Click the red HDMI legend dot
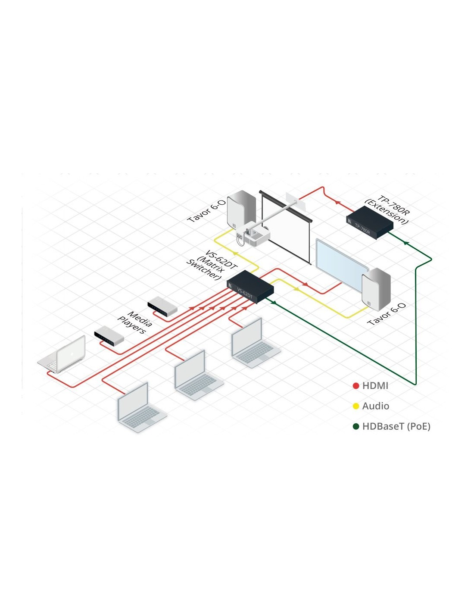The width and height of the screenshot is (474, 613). click(x=356, y=386)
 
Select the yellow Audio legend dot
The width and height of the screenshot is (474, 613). click(x=356, y=406)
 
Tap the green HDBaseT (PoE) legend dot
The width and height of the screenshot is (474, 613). click(x=356, y=426)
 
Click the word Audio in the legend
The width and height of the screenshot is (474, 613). click(x=375, y=406)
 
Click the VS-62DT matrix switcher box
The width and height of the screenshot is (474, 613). click(x=250, y=287)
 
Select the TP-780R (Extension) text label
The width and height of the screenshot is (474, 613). click(x=387, y=210)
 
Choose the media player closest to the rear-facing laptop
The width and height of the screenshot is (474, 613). click(x=109, y=335)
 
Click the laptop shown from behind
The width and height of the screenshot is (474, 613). click(x=63, y=355)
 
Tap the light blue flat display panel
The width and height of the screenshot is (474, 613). click(x=341, y=263)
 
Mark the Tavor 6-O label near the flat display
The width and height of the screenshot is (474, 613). click(x=387, y=314)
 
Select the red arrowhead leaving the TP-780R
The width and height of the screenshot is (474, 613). click(x=338, y=202)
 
